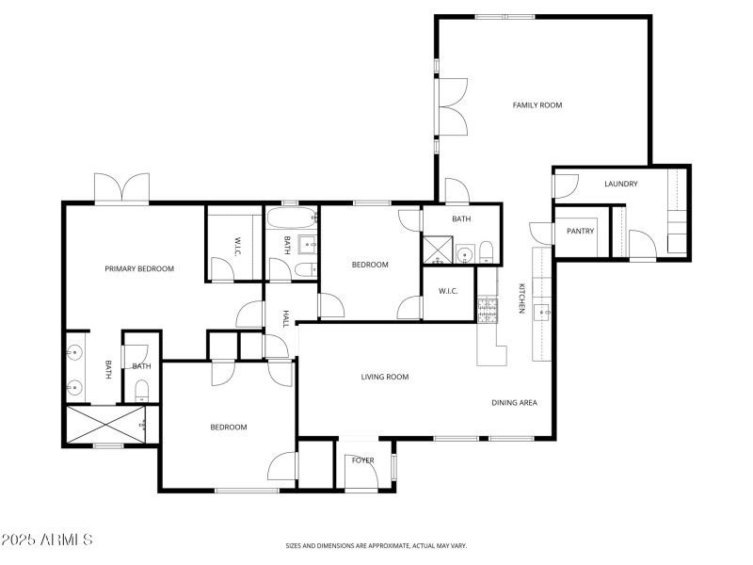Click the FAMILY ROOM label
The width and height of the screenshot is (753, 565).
click(x=537, y=105)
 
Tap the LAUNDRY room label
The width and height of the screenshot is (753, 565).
click(x=621, y=184)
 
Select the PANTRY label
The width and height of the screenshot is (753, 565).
click(x=581, y=231)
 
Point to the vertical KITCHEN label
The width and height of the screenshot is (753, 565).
click(x=520, y=299)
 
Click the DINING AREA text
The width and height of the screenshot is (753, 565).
click(x=514, y=403)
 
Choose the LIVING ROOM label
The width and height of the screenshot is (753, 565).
click(x=385, y=377)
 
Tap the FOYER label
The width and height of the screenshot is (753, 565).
click(x=363, y=460)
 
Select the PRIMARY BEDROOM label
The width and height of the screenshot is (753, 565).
click(x=139, y=268)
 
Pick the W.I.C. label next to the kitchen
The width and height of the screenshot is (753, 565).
click(x=448, y=291)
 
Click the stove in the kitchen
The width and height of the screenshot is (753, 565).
click(x=488, y=310)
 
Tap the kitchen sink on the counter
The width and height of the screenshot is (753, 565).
click(x=542, y=312)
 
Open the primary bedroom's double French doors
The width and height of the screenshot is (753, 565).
click(x=121, y=188)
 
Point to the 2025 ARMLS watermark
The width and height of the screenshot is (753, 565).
click(x=47, y=540)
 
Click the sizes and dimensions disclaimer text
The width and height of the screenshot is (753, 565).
click(x=376, y=545)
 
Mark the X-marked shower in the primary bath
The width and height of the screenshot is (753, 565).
click(x=105, y=425)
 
